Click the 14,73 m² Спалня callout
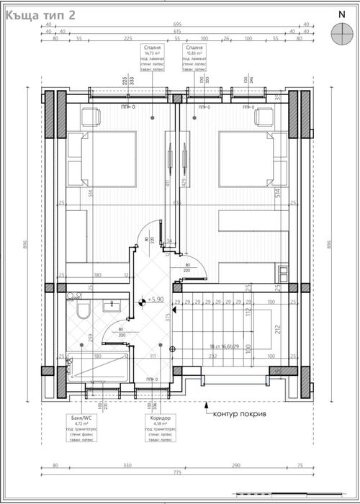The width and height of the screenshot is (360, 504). (x=154, y=59)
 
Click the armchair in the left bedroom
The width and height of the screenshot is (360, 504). (x=91, y=116)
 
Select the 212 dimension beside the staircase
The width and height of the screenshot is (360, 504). (x=277, y=331)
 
